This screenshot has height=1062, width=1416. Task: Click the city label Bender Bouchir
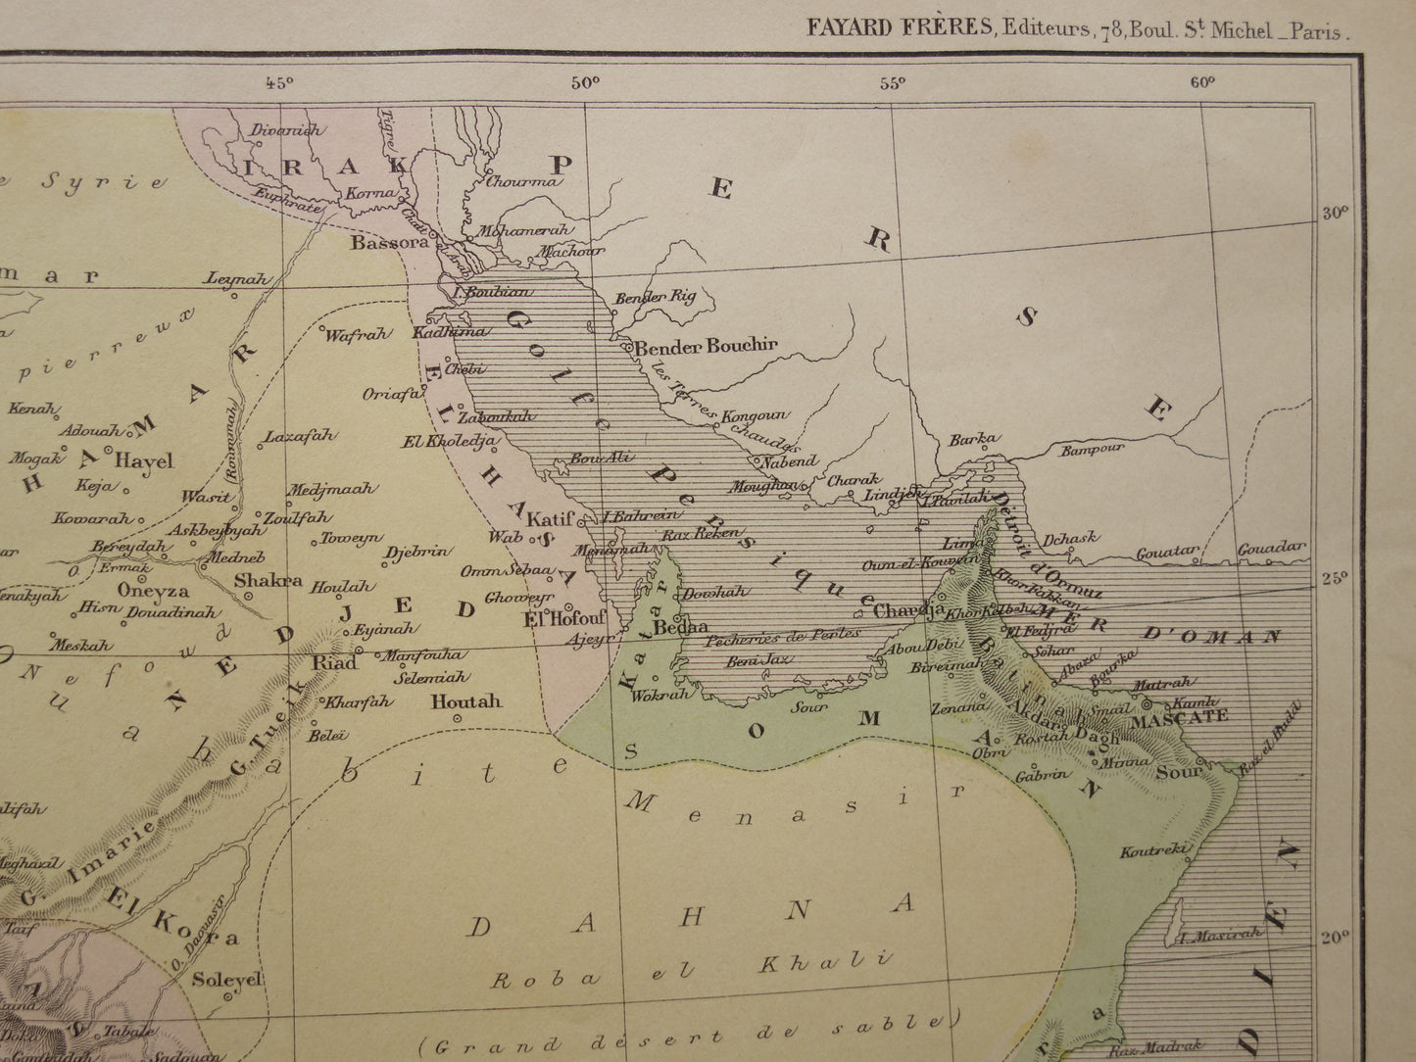click(706, 345)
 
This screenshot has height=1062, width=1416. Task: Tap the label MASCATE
click(1180, 717)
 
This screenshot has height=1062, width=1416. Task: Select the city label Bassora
click(390, 241)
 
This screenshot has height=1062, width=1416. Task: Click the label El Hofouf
click(565, 618)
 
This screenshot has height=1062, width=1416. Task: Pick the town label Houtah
click(465, 701)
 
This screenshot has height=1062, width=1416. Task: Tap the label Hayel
click(143, 460)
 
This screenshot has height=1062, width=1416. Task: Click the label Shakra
click(268, 579)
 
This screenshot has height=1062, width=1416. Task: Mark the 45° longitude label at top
click(278, 83)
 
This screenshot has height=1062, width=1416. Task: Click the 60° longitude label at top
click(1202, 83)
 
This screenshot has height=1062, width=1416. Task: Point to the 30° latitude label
click(1335, 212)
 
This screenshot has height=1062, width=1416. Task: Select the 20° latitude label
click(1335, 938)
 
